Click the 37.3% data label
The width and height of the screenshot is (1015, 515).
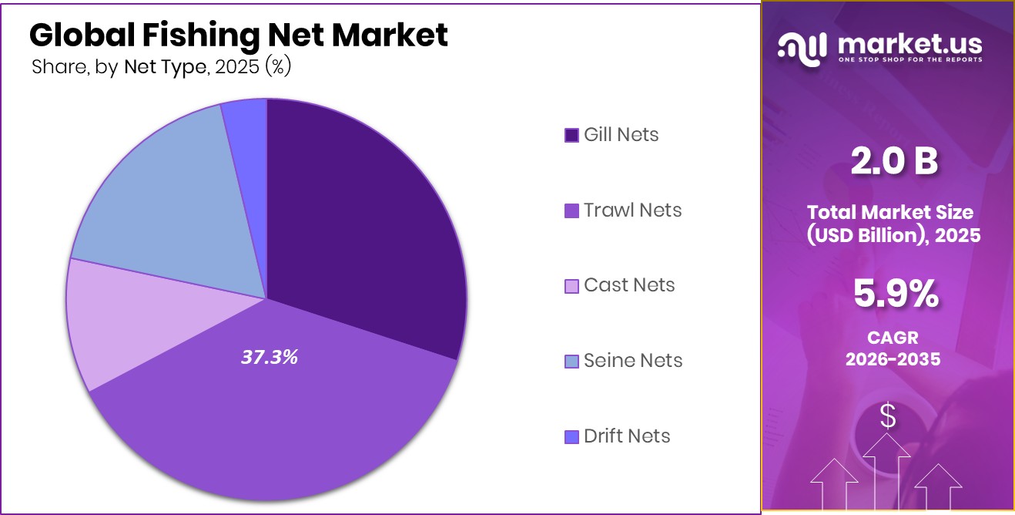coord(269,357)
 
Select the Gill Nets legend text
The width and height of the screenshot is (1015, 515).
coord(621,135)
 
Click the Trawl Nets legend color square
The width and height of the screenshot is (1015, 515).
coord(571,210)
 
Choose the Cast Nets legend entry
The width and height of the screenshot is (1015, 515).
coord(628,285)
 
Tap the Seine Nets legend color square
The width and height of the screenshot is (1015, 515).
coord(571,361)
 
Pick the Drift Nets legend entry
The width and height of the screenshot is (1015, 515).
coord(626,436)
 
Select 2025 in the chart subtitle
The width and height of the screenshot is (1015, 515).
coord(237,68)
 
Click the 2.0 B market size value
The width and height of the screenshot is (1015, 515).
coord(893,162)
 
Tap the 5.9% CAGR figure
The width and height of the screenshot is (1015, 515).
coord(895,294)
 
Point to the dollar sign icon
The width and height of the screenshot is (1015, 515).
coord(888,417)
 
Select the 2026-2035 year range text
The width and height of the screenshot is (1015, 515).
coord(893,359)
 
